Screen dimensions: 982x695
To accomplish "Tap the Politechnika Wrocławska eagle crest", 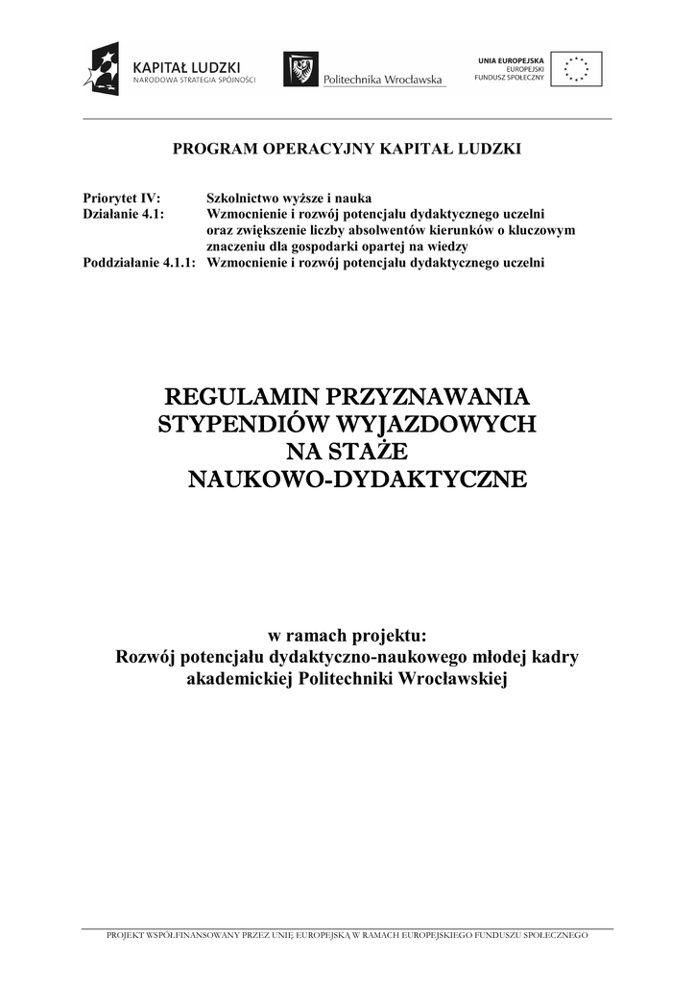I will tap(301, 69).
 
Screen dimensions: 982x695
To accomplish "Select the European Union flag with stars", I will tap(578, 68).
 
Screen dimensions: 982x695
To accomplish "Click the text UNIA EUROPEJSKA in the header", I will tap(512, 60).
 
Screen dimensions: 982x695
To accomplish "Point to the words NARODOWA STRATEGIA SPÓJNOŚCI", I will tap(194, 81).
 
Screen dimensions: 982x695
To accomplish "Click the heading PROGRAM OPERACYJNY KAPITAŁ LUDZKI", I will tap(347, 149).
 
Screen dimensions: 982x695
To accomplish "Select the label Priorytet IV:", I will tap(114, 199).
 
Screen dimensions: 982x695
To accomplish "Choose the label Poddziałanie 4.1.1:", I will tap(139, 262).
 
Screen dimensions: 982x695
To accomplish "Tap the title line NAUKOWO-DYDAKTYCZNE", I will tap(356, 479).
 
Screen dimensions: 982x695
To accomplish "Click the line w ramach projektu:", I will tap(347, 636).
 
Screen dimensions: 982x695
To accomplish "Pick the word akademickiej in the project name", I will tap(240, 679).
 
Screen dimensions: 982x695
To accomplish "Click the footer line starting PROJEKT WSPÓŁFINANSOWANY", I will tap(347, 934).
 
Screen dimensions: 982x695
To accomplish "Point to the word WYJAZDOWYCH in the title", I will tap(434, 424).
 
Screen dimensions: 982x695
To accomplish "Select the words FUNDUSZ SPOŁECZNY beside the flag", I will tap(512, 77).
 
